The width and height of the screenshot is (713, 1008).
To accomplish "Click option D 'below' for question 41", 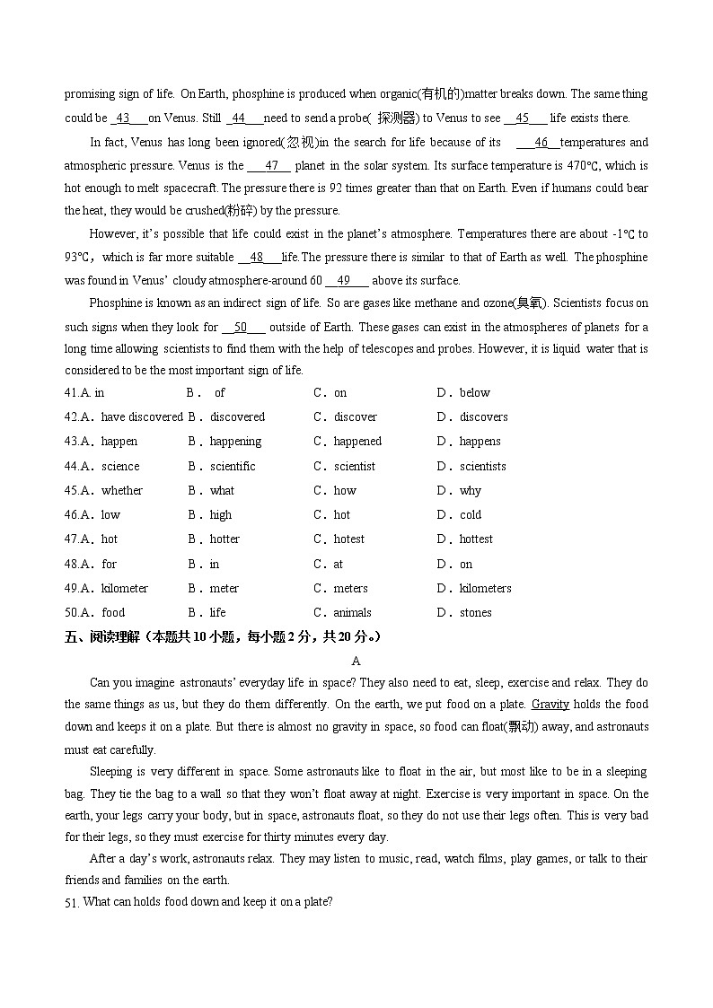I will [474, 392].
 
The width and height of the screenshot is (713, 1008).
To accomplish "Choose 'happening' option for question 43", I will [235, 441].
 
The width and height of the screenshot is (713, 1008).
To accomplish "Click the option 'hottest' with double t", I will [476, 539].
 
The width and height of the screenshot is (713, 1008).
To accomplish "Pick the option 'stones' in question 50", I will [475, 612].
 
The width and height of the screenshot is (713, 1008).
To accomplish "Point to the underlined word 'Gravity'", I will [550, 705].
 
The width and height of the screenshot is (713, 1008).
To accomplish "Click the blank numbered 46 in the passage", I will [541, 143].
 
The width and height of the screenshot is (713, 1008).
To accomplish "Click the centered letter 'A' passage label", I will [356, 661].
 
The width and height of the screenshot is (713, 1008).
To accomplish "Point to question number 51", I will [72, 902].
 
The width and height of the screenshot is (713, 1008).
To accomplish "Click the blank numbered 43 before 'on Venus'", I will [124, 118].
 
